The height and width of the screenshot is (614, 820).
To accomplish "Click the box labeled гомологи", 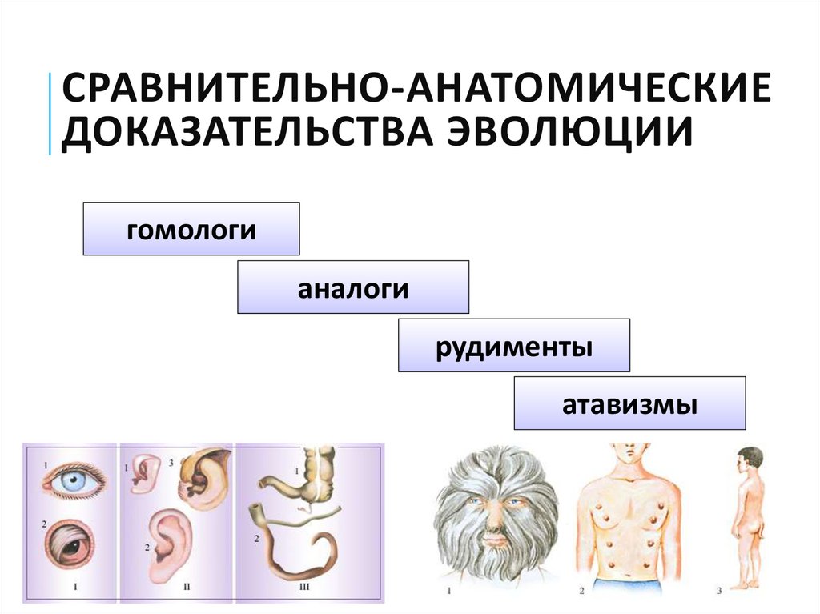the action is (x=191, y=229).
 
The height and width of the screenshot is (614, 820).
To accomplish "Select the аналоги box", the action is (x=353, y=287).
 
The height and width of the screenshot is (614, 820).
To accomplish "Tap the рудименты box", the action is (x=514, y=345).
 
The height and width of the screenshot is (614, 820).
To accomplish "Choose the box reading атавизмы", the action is (x=629, y=403).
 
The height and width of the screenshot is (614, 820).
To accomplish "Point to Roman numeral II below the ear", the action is (x=187, y=587).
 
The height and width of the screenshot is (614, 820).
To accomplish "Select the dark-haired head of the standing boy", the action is (x=750, y=459).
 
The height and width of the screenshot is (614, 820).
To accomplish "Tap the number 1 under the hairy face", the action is (x=450, y=593).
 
